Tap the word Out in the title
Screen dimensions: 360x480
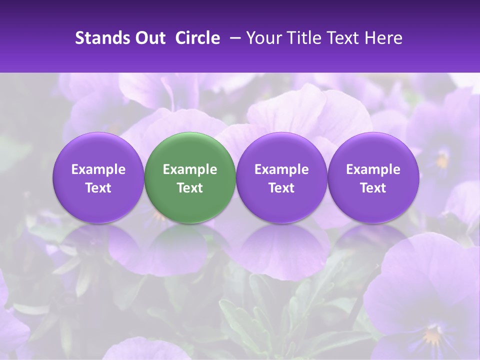click(148, 38)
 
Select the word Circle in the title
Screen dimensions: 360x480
click(197, 38)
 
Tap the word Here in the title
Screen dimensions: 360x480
click(384, 38)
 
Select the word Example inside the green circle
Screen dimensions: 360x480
click(190, 169)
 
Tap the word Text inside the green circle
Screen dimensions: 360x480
click(190, 188)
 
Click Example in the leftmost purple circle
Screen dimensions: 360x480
click(98, 169)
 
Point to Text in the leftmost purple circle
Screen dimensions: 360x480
click(98, 188)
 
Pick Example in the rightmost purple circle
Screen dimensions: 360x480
click(373, 169)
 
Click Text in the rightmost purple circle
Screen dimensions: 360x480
click(373, 188)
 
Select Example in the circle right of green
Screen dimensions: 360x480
click(281, 169)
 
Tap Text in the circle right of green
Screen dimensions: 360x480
click(281, 188)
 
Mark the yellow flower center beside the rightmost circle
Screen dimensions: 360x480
click(442, 161)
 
